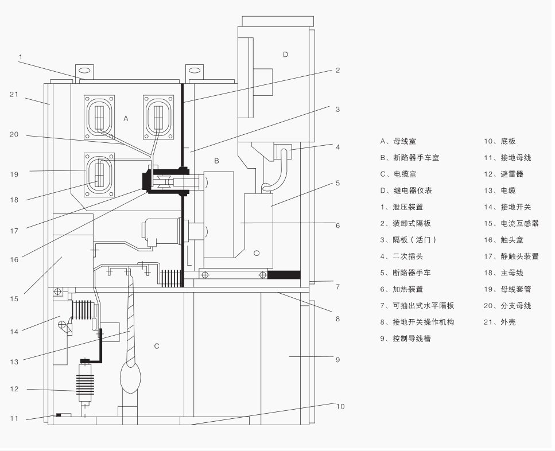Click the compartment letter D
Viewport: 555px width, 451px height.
285,55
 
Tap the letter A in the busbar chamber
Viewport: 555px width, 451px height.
126,118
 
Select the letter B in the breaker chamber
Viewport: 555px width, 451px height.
216,161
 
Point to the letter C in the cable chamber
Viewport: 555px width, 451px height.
156,346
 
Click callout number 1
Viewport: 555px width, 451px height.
20,57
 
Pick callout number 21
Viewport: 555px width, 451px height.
14,94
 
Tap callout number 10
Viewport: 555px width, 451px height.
340,406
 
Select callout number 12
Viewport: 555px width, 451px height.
14,389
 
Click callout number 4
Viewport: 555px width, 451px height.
337,147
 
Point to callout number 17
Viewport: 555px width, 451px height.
14,231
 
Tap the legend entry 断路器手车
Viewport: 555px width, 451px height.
413,273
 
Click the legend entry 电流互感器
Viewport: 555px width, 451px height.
515,223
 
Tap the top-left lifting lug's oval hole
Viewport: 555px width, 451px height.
84,71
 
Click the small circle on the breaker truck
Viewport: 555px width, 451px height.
256,253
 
